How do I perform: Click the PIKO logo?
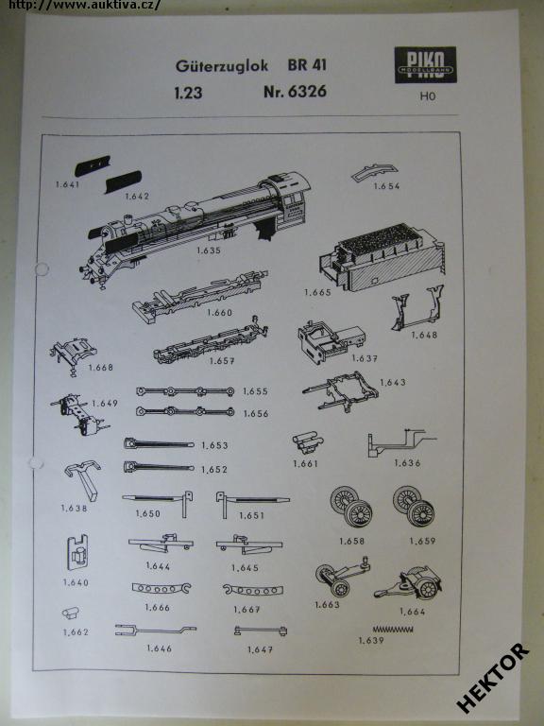[x=426, y=65]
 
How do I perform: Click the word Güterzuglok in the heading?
[x=222, y=65]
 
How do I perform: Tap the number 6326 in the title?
[x=308, y=91]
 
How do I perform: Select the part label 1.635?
[x=209, y=251]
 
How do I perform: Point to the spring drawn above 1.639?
[x=393, y=629]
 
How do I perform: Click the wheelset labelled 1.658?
[x=351, y=506]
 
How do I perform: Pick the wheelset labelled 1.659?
[x=414, y=506]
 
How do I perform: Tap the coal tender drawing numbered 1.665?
[x=382, y=257]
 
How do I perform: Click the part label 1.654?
[x=386, y=186]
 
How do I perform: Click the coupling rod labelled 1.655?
[x=185, y=391]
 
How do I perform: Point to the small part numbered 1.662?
[x=71, y=614]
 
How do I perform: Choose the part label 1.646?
[x=159, y=648]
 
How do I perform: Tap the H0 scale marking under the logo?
[x=428, y=96]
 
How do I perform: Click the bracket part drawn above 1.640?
[x=77, y=552]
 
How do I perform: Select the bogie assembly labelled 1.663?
[x=342, y=577]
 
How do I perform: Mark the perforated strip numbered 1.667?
[x=253, y=590]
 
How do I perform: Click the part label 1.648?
[x=424, y=335]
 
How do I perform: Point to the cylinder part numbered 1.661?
[x=308, y=443]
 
